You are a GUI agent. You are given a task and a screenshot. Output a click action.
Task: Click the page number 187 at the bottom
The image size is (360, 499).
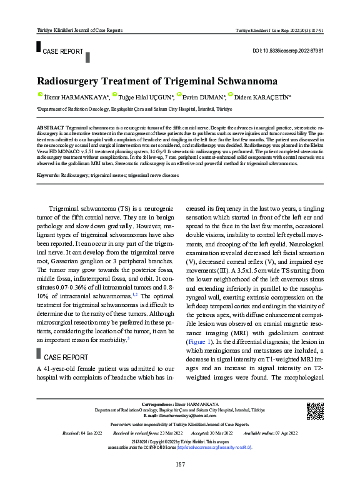pos(180,464)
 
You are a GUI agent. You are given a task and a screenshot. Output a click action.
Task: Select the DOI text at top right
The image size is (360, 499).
pos(287,50)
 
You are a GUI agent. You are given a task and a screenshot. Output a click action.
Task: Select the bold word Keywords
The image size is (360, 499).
pos(48,176)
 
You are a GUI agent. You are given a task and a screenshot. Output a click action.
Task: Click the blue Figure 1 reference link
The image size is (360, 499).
pos(199,343)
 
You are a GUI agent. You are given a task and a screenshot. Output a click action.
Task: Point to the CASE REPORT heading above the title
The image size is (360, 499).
pos(62,51)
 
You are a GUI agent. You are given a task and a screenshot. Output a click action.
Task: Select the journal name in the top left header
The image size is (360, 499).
pos(80,30)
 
